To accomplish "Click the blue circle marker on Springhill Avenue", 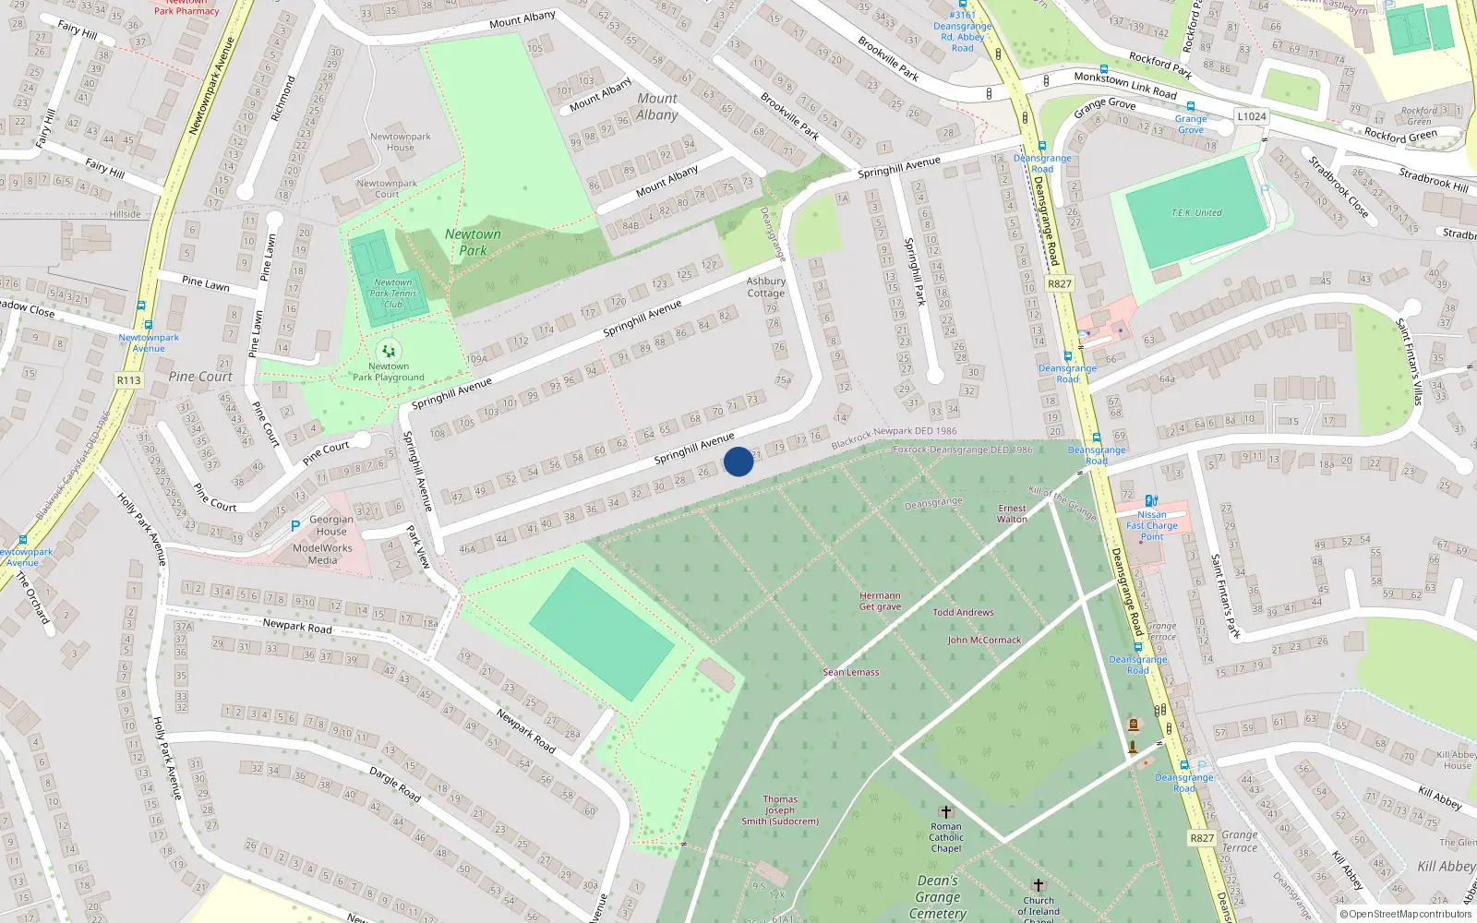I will [x=738, y=461].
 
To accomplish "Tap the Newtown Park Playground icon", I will [x=389, y=351].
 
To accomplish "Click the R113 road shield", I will [x=129, y=380].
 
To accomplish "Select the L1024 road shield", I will [x=1252, y=116].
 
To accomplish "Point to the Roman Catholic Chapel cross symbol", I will [x=945, y=812].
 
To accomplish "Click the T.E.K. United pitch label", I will [x=1196, y=213].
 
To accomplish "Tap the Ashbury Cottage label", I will [x=766, y=287].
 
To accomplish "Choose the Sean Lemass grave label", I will [x=851, y=672].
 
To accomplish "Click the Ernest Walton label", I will [x=1012, y=513].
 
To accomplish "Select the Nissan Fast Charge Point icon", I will [x=1151, y=501].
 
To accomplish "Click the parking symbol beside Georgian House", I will [x=295, y=525].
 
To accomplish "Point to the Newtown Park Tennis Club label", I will [x=394, y=294].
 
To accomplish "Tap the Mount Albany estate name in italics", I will [x=657, y=106].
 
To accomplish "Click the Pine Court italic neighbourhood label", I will [x=200, y=377].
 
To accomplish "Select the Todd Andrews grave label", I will [x=963, y=612].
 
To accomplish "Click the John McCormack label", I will [x=984, y=640].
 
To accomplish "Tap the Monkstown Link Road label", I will [x=1125, y=85].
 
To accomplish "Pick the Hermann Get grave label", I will [x=880, y=601].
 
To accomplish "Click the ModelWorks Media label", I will [x=322, y=554].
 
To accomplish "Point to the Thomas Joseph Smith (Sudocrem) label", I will [x=780, y=810].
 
